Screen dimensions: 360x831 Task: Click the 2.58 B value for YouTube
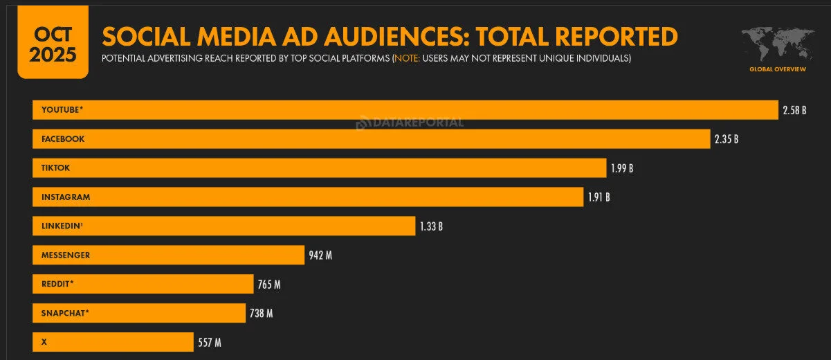click(794, 110)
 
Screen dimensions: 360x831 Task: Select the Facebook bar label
click(63, 139)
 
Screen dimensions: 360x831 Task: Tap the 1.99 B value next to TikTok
click(622, 168)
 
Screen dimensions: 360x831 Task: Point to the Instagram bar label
click(66, 197)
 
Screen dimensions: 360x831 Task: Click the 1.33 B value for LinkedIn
click(431, 226)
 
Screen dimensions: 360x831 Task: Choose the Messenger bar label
click(66, 255)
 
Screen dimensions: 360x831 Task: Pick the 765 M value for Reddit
click(268, 285)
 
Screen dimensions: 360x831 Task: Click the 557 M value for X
click(209, 343)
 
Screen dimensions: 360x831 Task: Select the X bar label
click(44, 343)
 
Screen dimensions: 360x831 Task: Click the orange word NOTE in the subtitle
click(406, 59)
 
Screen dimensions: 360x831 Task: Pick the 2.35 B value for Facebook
click(727, 139)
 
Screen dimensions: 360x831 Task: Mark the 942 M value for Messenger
click(320, 255)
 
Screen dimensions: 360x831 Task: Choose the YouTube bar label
click(62, 110)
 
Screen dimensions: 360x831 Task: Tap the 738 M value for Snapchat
click(261, 314)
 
